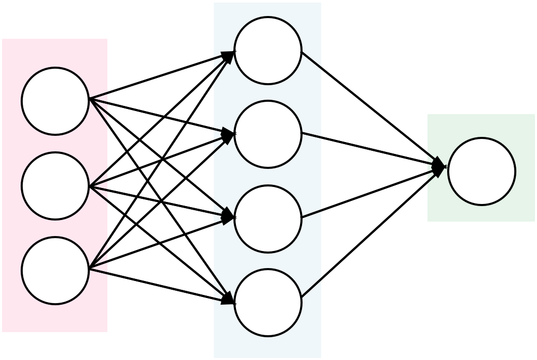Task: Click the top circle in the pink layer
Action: pos(55,101)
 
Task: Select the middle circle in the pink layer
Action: pos(55,186)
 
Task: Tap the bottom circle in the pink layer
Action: pos(55,271)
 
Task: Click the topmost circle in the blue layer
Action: pos(268,51)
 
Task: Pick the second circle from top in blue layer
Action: pos(268,134)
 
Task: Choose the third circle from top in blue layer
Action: pos(268,219)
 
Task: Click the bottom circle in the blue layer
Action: pos(268,303)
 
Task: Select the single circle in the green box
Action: pos(482,171)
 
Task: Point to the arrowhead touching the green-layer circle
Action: pos(439,167)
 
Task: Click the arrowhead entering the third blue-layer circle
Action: pos(229,216)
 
